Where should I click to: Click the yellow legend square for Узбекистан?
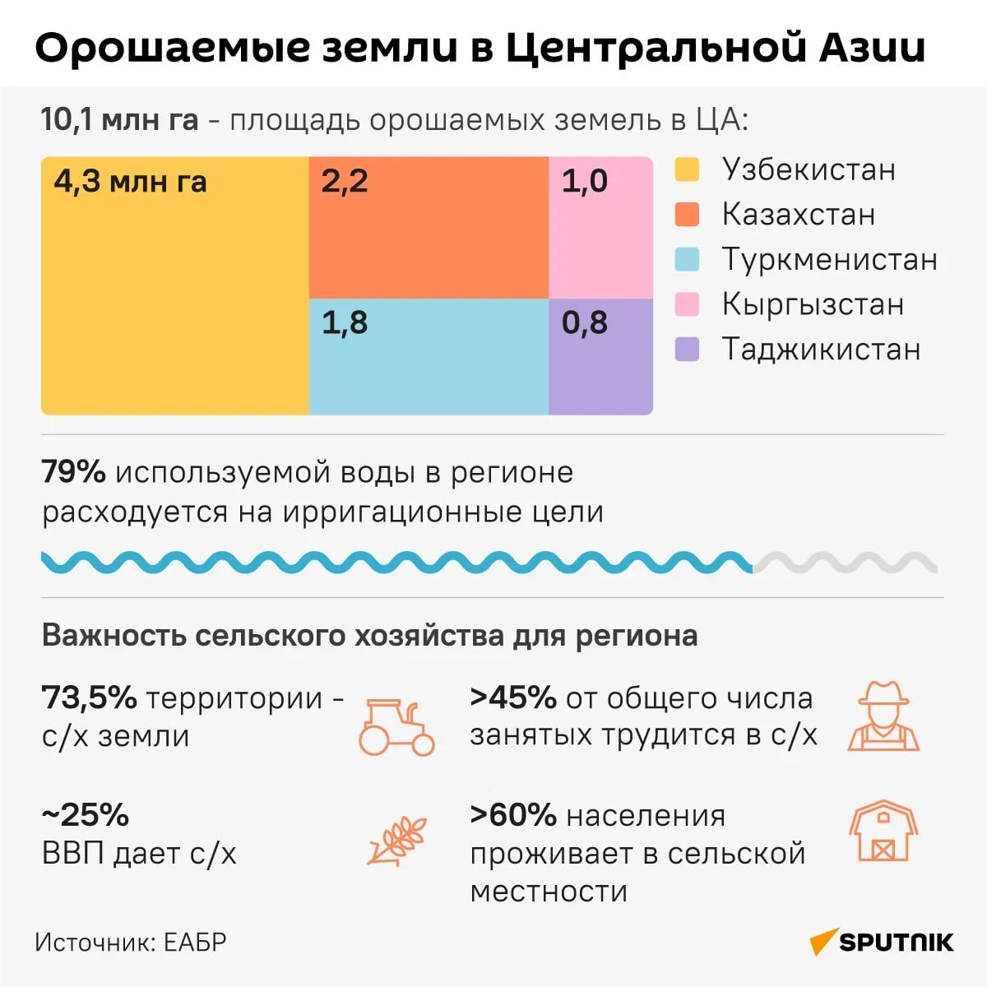coord(687,169)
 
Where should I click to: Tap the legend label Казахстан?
coord(798,215)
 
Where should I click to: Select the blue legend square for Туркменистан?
coord(687,260)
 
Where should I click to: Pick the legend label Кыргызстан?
coord(813,304)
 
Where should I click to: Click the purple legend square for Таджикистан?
coord(687,350)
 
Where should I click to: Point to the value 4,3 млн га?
coord(130,181)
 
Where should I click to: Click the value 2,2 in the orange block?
coord(345,181)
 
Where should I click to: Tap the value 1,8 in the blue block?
coord(345,322)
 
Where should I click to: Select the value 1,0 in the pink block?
coord(585,181)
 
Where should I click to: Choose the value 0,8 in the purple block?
coord(585,322)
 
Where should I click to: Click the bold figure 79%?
coord(73,472)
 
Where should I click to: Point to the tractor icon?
coord(396,727)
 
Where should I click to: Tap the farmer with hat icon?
coord(883,716)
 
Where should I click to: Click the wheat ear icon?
coord(398,841)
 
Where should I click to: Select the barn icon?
coord(883,831)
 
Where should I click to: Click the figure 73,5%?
coord(89,697)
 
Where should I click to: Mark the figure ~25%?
coord(86,815)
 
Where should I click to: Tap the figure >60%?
coord(513,815)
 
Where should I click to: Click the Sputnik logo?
coord(882,942)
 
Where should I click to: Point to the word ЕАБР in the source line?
coord(195,942)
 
